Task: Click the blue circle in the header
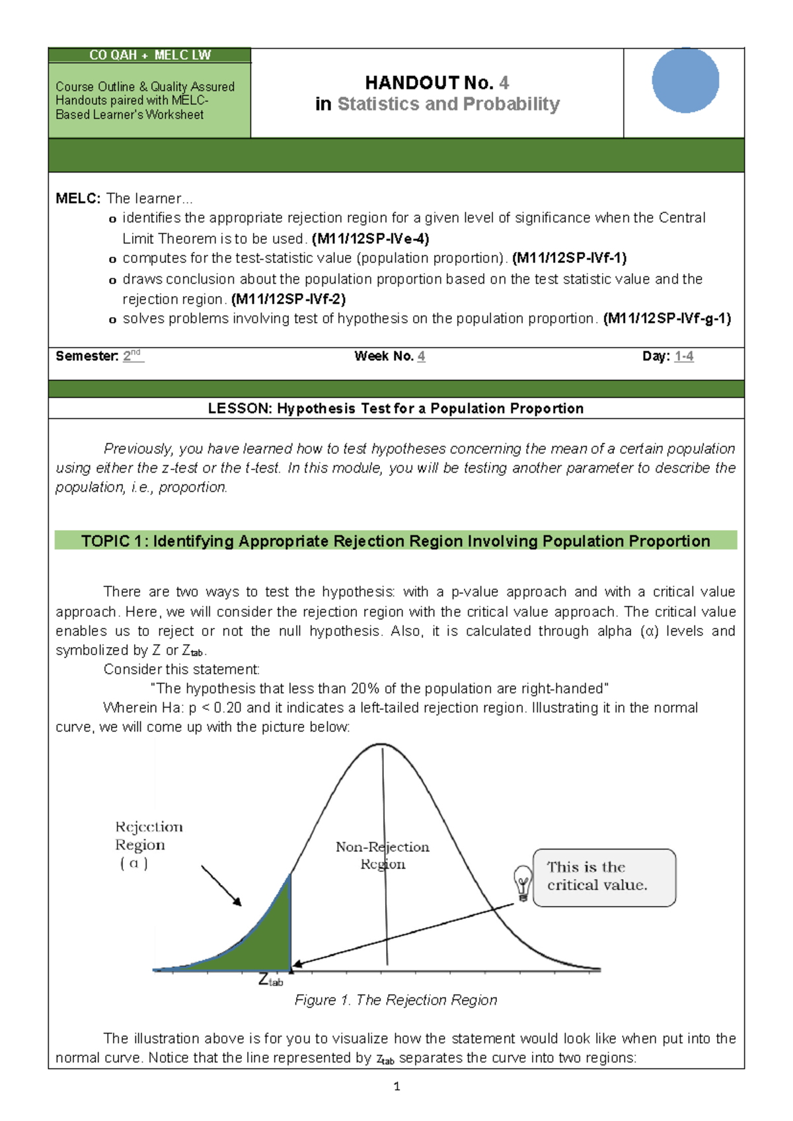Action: [685, 80]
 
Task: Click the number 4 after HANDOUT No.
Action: [504, 83]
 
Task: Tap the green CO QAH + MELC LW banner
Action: [150, 56]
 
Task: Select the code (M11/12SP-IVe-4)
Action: [371, 239]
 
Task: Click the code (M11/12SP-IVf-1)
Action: [569, 258]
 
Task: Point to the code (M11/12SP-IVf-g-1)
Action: [667, 319]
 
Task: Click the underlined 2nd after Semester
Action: [132, 356]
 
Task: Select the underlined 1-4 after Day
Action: [684, 356]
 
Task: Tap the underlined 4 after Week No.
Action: [422, 356]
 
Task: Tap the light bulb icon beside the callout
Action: [523, 884]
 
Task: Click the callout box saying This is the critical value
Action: [604, 877]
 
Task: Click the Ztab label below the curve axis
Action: [270, 980]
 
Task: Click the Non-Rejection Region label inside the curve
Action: [382, 855]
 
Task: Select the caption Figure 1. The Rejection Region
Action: [396, 1000]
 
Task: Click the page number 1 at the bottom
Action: [397, 1086]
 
